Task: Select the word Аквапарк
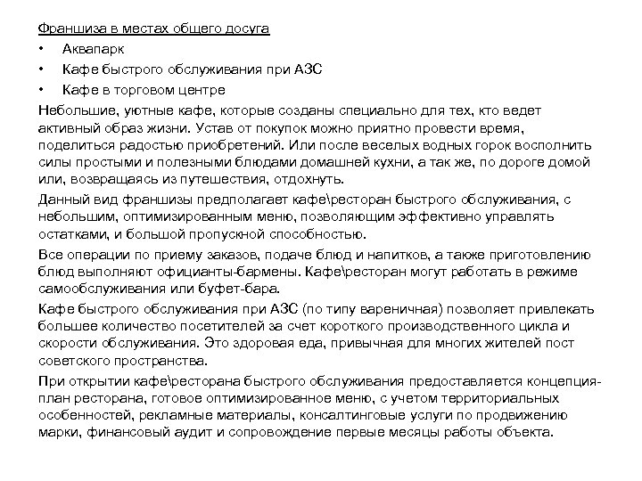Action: (x=94, y=49)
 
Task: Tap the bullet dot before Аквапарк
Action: (x=41, y=49)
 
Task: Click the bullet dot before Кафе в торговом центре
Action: (x=41, y=90)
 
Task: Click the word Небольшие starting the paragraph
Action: (x=75, y=110)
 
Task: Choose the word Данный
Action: (x=62, y=200)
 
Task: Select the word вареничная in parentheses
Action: (x=387, y=309)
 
